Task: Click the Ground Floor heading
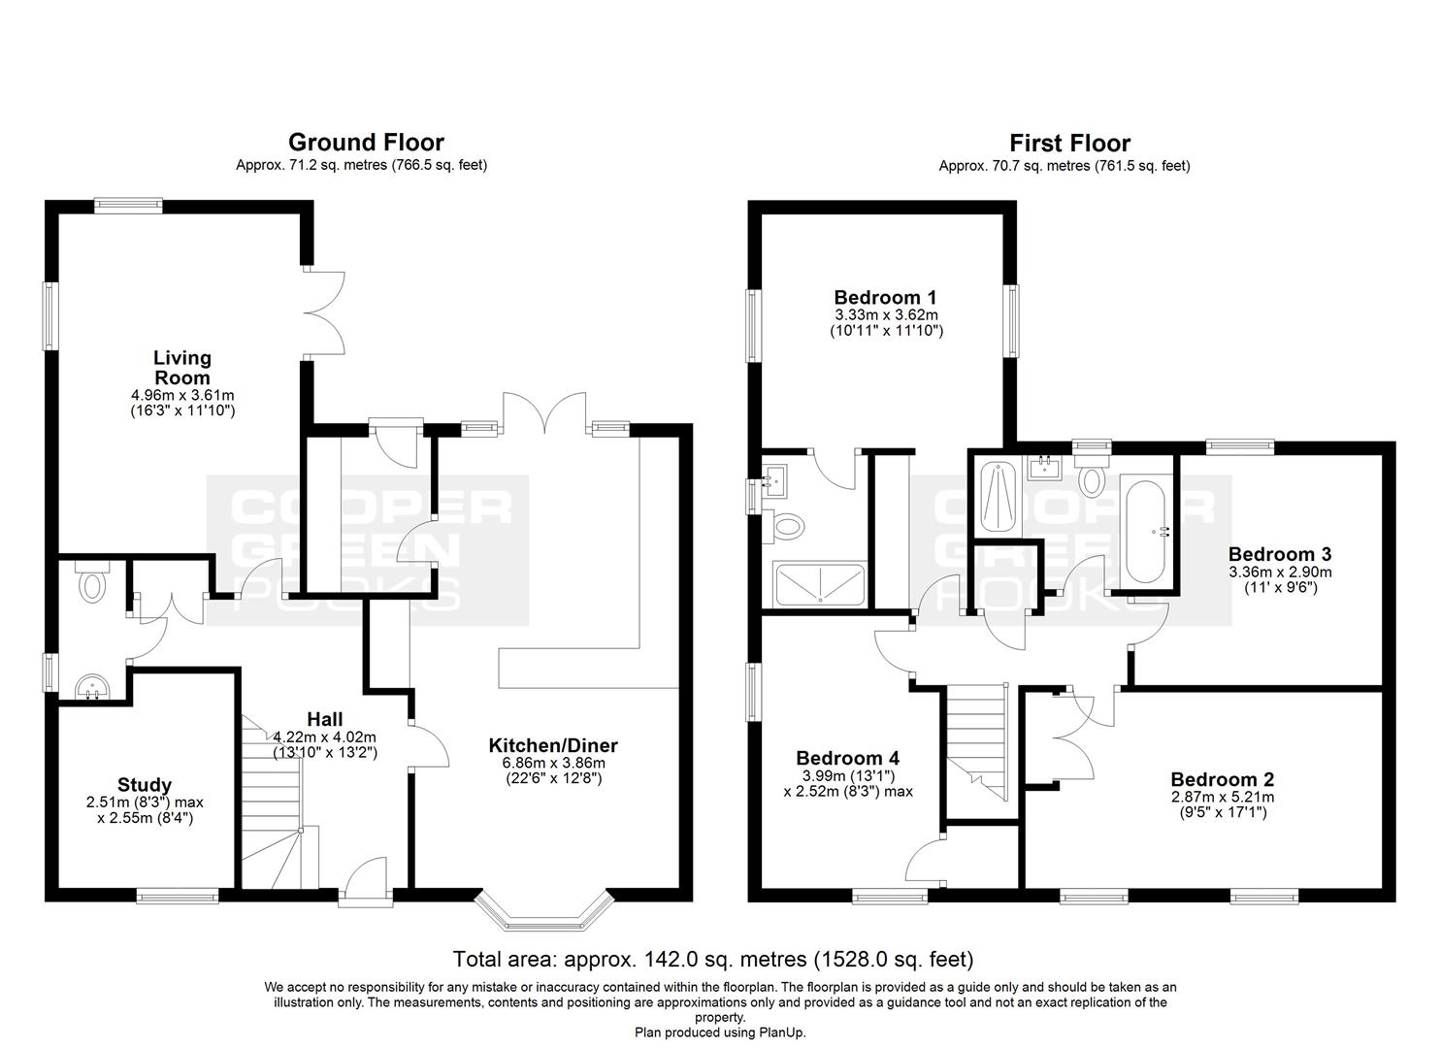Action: (x=366, y=143)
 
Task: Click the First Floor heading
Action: (x=1069, y=143)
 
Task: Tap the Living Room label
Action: (x=182, y=368)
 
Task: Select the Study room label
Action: (x=144, y=785)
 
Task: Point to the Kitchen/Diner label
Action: (x=553, y=745)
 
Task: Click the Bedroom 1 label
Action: (x=885, y=297)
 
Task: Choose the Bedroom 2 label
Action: (x=1223, y=780)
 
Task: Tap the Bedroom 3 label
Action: (x=1280, y=554)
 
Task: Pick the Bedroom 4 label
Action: (x=847, y=758)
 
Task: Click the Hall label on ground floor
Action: (x=325, y=719)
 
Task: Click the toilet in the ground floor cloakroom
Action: (x=92, y=581)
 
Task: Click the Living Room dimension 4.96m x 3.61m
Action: (x=182, y=395)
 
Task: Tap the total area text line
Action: (x=713, y=960)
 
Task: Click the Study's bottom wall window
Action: (x=178, y=896)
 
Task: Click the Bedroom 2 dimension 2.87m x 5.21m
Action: (x=1223, y=797)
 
